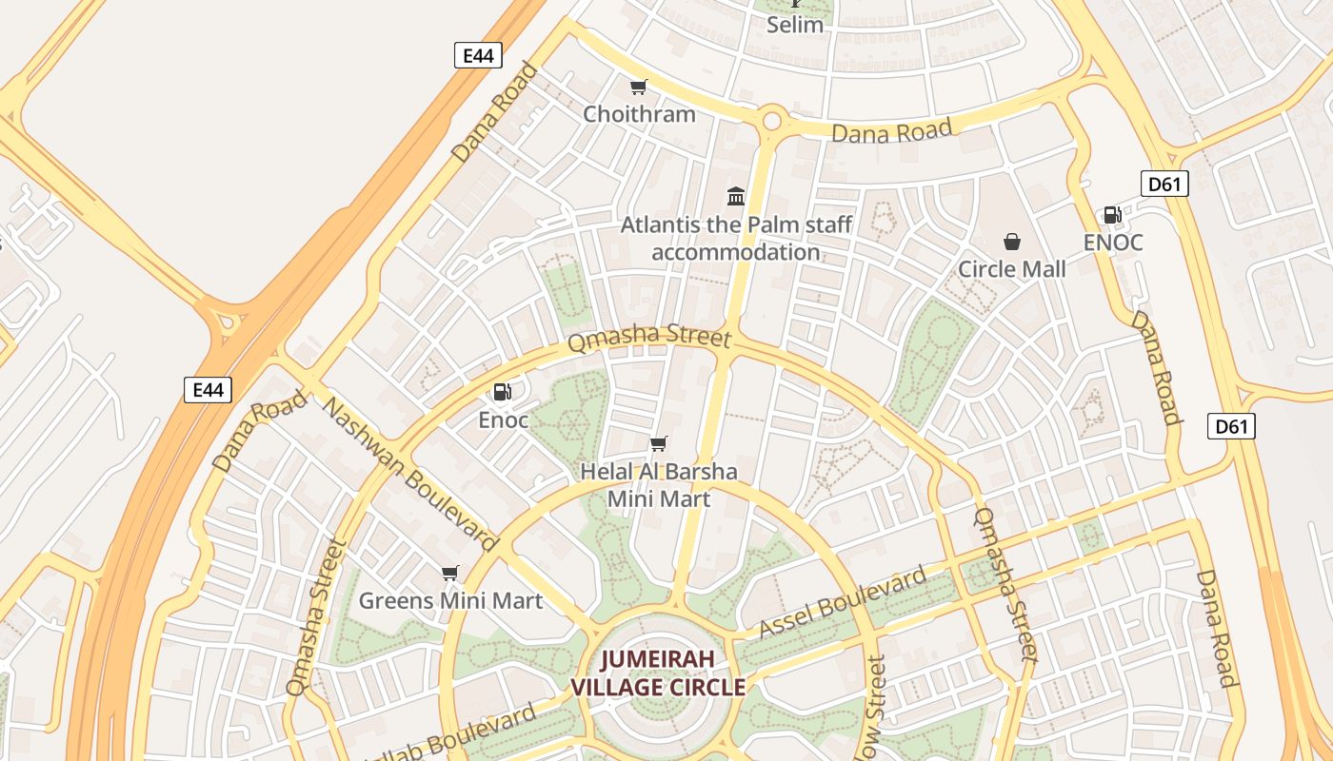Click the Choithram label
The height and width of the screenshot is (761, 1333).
click(639, 114)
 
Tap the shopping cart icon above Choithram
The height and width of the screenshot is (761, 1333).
click(639, 88)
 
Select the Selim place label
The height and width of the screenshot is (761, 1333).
click(795, 25)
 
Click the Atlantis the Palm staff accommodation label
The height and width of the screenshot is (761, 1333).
click(736, 239)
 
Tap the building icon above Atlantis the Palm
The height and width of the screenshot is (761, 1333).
click(736, 197)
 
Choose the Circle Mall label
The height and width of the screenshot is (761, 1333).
click(1012, 269)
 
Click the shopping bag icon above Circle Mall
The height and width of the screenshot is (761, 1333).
click(1012, 243)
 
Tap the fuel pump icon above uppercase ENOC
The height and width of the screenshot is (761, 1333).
click(1112, 215)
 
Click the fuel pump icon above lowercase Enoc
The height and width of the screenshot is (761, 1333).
click(503, 391)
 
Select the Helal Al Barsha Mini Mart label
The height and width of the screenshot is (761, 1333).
click(659, 484)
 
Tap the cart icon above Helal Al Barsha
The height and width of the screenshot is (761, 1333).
click(658, 443)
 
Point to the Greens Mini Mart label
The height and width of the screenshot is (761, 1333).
click(450, 601)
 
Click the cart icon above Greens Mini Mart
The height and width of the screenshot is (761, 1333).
click(450, 573)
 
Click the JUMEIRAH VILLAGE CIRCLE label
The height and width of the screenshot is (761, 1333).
click(658, 673)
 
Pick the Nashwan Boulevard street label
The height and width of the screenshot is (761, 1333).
click(410, 474)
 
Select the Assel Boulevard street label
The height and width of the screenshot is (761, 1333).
click(843, 602)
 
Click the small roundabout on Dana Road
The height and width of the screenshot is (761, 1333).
click(771, 121)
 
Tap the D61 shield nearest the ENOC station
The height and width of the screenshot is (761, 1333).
click(1164, 184)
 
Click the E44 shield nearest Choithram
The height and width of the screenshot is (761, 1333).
click(477, 56)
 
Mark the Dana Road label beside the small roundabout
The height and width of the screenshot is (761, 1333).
click(891, 131)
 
